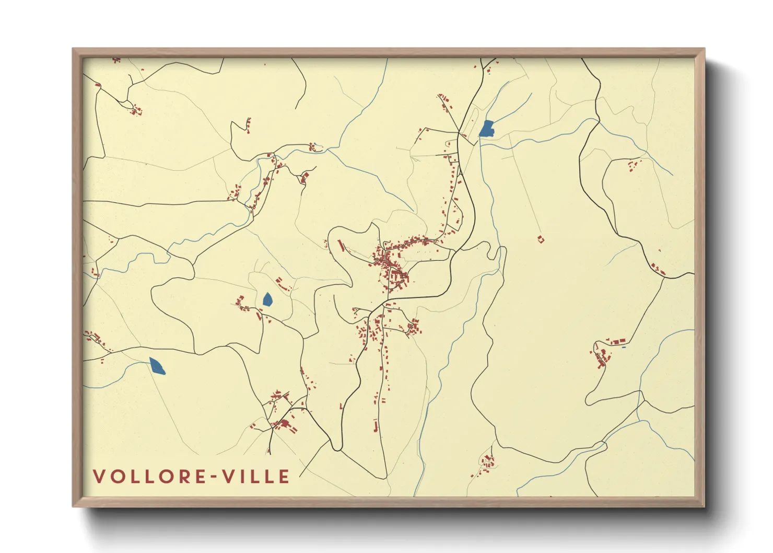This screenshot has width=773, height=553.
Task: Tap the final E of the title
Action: point(285,477)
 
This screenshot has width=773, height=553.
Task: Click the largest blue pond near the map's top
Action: point(487,129)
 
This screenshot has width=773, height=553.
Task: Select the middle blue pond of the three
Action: point(267,299)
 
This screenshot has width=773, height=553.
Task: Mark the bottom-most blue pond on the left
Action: point(157,366)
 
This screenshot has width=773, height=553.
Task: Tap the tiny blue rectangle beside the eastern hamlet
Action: point(624,347)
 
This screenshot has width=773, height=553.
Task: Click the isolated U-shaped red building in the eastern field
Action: point(541,239)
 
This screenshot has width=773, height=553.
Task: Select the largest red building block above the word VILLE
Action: point(284,423)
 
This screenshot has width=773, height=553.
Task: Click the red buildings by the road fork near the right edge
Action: point(658,270)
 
